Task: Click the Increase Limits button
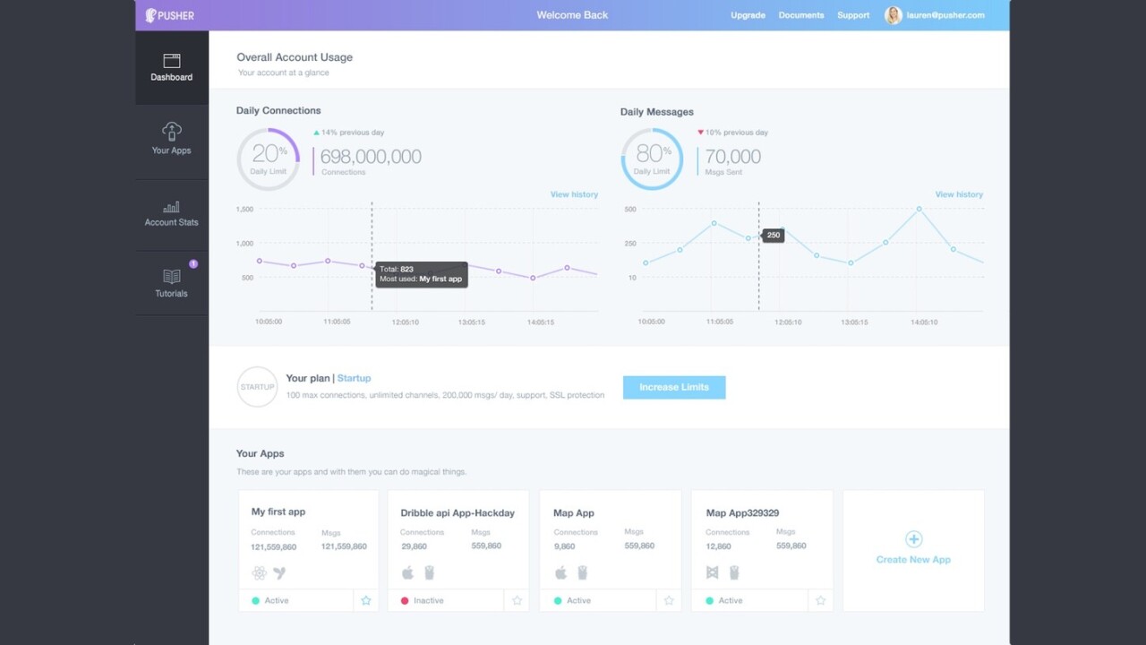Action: coord(674,387)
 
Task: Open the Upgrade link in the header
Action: coord(748,15)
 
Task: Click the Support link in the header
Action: coord(853,15)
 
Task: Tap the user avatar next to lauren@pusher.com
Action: coord(893,15)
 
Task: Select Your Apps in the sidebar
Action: coord(171,139)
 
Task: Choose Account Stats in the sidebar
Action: coord(171,213)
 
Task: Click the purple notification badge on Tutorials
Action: coord(193,263)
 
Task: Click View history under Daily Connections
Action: coord(574,194)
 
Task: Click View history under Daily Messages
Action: coord(959,194)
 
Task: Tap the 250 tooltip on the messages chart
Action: coord(774,235)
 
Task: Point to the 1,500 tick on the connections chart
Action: coord(244,209)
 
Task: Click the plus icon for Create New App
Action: coord(913,539)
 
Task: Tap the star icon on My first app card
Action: coord(366,600)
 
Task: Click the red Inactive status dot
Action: coord(405,600)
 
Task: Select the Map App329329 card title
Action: coord(742,513)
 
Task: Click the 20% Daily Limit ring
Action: coord(268,159)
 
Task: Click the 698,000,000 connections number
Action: coord(371,157)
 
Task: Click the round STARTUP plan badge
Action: coord(257,387)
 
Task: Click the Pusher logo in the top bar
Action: coord(170,15)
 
